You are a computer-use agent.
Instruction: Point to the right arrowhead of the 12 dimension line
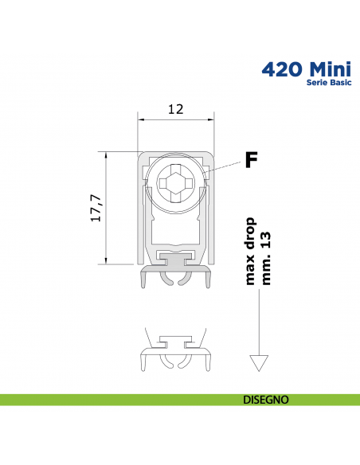213,119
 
